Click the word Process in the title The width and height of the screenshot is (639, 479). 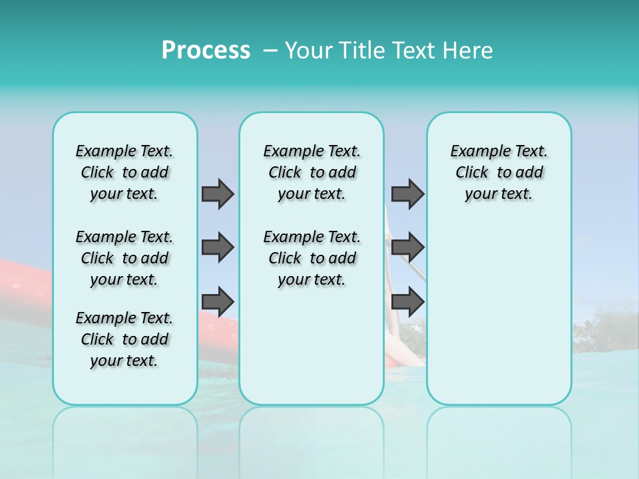(x=206, y=51)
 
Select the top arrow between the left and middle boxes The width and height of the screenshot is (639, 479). (x=218, y=194)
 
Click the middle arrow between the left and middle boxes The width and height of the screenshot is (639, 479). (x=218, y=247)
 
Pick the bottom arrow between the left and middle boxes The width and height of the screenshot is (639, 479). (x=218, y=301)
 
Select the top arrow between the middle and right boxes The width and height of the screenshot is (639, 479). (x=407, y=194)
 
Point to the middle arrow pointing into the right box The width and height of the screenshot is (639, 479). (x=407, y=247)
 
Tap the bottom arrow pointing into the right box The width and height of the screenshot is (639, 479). (x=407, y=301)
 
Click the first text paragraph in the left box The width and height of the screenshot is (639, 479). (x=124, y=172)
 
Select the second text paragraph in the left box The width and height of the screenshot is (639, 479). (x=124, y=258)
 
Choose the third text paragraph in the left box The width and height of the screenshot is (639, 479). (x=124, y=339)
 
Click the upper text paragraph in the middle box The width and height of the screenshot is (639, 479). (x=312, y=172)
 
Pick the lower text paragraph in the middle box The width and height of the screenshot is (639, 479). (x=312, y=258)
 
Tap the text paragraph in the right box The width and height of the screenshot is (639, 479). (x=499, y=172)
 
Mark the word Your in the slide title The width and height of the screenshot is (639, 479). (x=307, y=51)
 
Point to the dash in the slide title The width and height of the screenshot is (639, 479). (x=270, y=51)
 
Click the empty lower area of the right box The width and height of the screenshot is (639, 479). (x=499, y=313)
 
